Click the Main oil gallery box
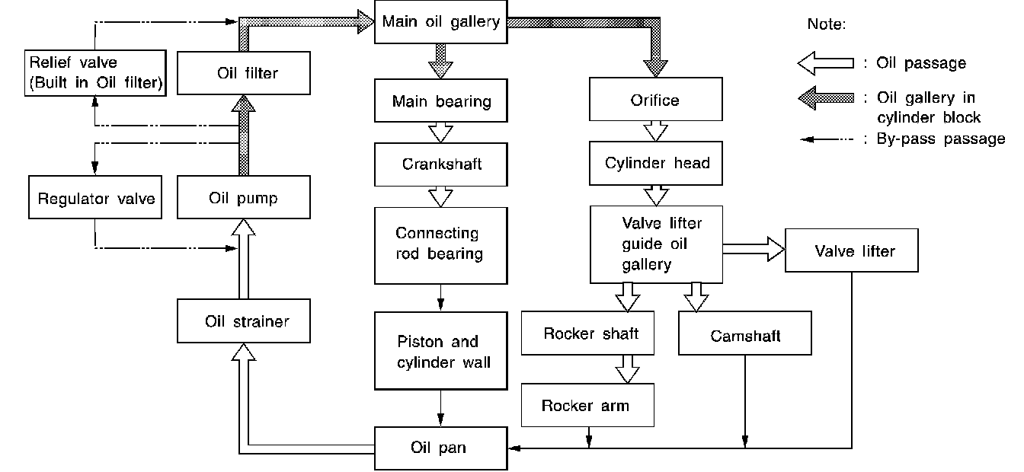click(x=440, y=22)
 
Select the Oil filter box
click(x=244, y=73)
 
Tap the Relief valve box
click(x=95, y=73)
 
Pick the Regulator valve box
click(x=95, y=197)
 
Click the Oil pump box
click(x=244, y=197)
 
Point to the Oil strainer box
click(x=244, y=321)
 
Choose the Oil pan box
click(x=440, y=448)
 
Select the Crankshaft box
click(x=440, y=164)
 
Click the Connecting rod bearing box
click(x=440, y=246)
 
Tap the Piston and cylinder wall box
click(x=440, y=351)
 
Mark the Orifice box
click(x=655, y=99)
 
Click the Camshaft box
click(x=744, y=333)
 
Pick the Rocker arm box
click(x=587, y=405)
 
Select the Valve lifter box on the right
click(x=851, y=250)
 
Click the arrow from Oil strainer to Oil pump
click(x=244, y=259)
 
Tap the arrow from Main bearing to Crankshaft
click(x=440, y=132)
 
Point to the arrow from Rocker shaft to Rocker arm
click(x=627, y=369)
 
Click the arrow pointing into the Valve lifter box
click(x=754, y=249)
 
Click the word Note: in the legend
click(x=827, y=24)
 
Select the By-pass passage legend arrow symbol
click(x=827, y=139)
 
